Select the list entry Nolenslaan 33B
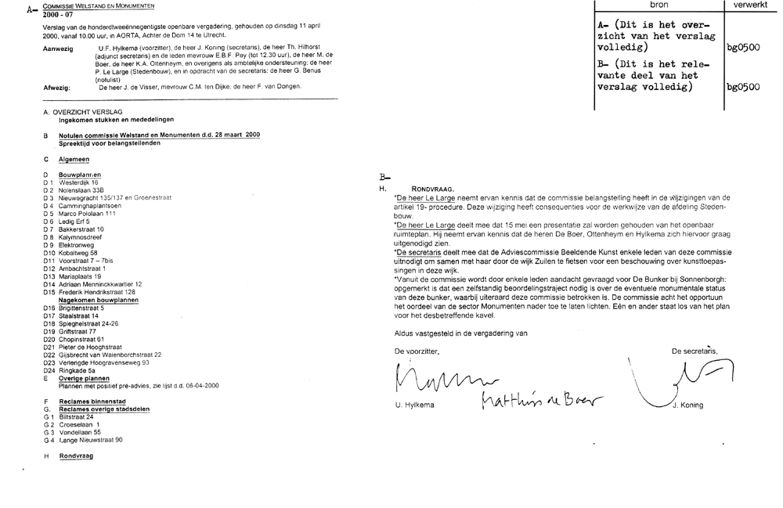click(x=81, y=190)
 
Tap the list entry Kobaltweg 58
click(x=78, y=253)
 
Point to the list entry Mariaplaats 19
click(x=80, y=276)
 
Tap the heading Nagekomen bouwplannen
click(x=99, y=300)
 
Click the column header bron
click(x=659, y=5)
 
